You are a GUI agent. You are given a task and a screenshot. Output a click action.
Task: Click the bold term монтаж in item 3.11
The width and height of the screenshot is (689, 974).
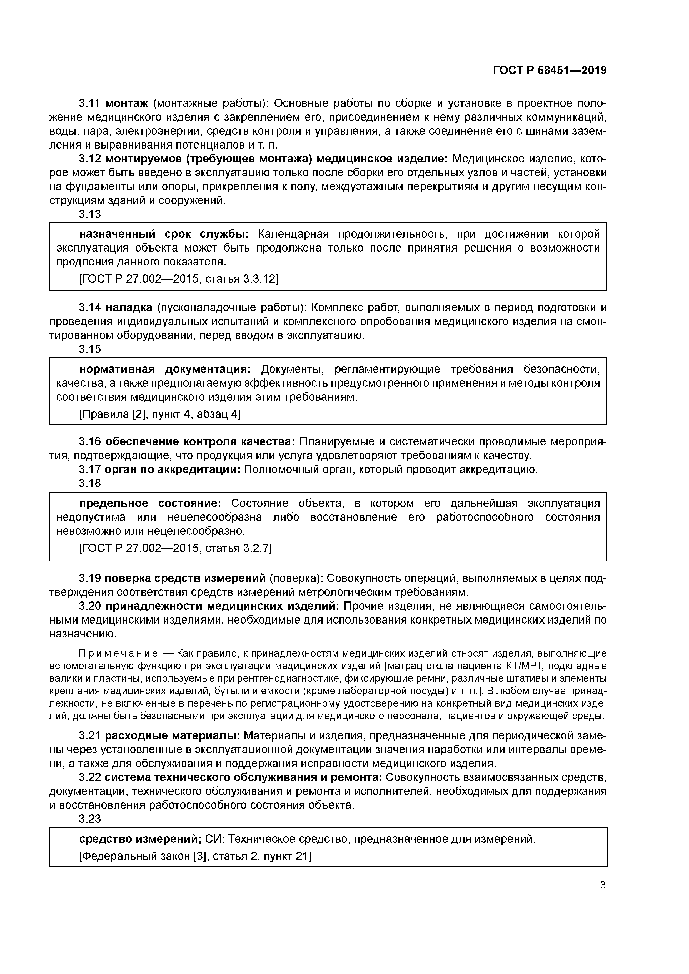pos(126,103)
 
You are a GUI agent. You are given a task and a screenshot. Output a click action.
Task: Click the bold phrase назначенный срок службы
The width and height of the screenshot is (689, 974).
pos(164,234)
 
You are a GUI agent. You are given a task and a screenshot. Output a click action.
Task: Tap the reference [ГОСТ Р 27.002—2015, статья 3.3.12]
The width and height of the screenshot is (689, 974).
pos(179,279)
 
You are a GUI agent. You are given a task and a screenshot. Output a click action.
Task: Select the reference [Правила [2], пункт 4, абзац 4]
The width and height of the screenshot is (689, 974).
pos(160,414)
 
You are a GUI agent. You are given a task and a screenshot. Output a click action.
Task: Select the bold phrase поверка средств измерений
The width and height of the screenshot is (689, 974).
pos(185,578)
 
